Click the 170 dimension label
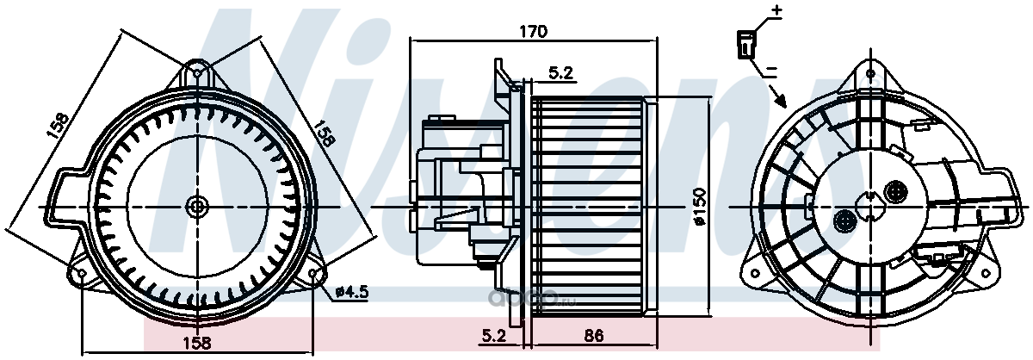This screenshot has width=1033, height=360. pos(533,31)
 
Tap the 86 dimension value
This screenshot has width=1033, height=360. pos(593,336)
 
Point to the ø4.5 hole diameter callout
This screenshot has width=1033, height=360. pos(351,292)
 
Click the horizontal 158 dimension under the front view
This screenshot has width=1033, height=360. pos(197,343)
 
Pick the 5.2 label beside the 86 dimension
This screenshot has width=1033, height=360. pos(494,336)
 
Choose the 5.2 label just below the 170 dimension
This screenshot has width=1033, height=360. pos(560,72)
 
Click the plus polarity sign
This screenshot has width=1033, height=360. pos(777,10)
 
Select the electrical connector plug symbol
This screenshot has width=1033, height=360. pos(745,45)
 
